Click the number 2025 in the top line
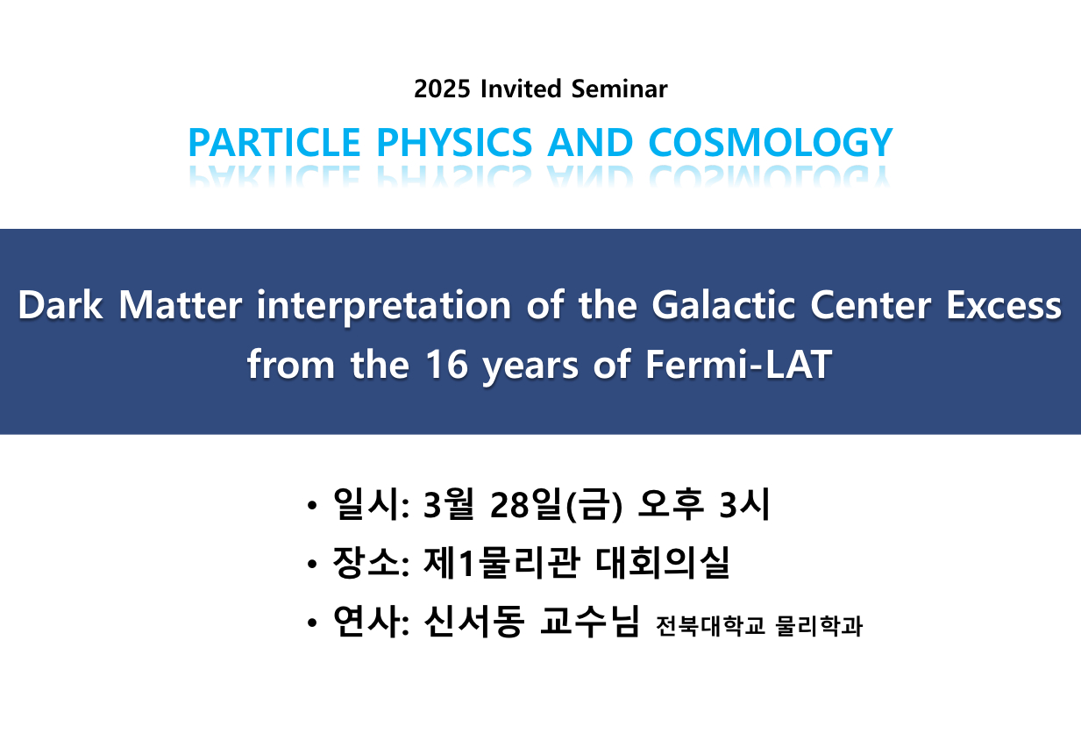pyautogui.click(x=442, y=89)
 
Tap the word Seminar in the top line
pyautogui.click(x=619, y=89)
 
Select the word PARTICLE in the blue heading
pyautogui.click(x=274, y=142)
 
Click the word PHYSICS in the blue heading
pyautogui.click(x=454, y=142)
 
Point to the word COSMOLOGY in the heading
pyautogui.click(x=771, y=142)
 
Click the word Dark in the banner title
pyautogui.click(x=60, y=305)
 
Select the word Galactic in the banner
pyautogui.click(x=723, y=305)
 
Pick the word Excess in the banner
pyautogui.click(x=1004, y=305)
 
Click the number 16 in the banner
pyautogui.click(x=447, y=365)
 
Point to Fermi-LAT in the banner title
pyautogui.click(x=739, y=365)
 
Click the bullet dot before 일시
pyautogui.click(x=312, y=505)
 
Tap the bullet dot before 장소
pyautogui.click(x=312, y=564)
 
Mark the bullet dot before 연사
pyautogui.click(x=312, y=622)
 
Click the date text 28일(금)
pyautogui.click(x=556, y=505)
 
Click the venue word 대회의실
pyautogui.click(x=663, y=563)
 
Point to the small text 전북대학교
pyautogui.click(x=710, y=626)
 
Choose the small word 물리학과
pyautogui.click(x=819, y=626)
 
